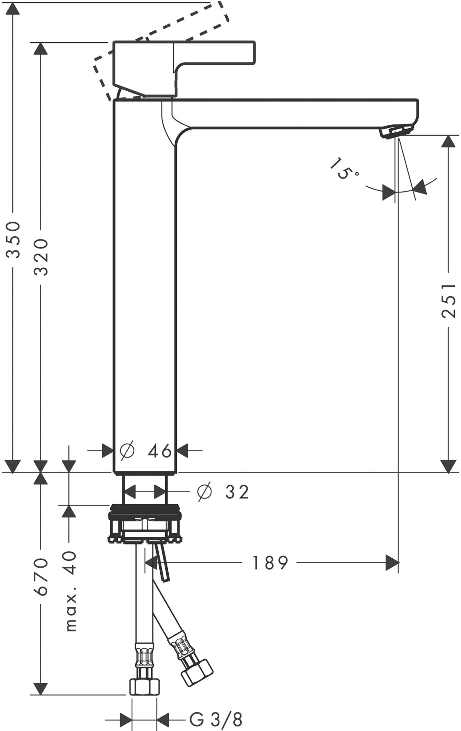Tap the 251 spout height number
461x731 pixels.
click(x=449, y=301)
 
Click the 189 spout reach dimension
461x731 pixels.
click(x=270, y=563)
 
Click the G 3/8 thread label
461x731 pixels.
click(x=216, y=720)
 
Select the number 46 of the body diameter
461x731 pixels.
click(x=160, y=451)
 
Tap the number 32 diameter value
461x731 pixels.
click(x=237, y=492)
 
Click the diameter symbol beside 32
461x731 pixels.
click(x=204, y=492)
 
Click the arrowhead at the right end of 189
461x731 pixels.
click(x=392, y=563)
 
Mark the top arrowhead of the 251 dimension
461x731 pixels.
click(x=448, y=142)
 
